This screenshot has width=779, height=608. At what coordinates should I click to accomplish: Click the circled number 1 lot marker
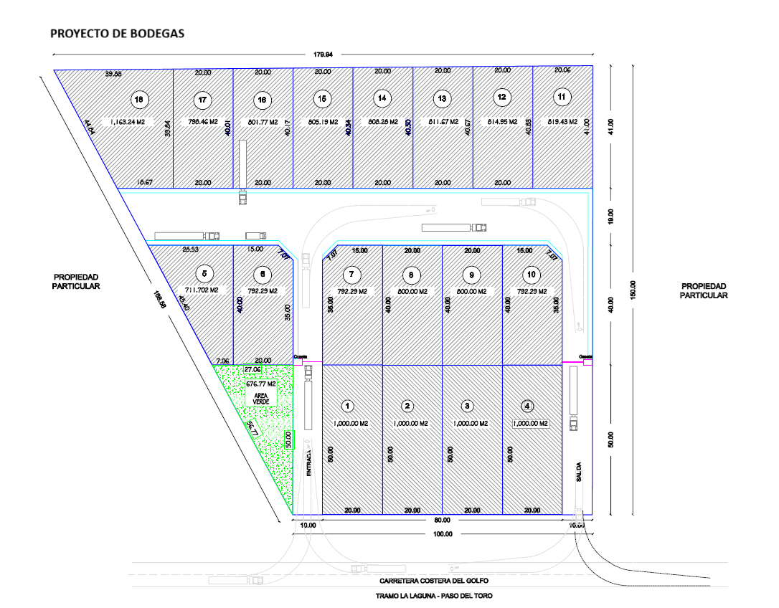(348, 407)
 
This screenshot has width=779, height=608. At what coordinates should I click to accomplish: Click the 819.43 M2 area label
(562, 122)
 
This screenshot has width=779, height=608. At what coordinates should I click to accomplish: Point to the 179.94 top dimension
(324, 54)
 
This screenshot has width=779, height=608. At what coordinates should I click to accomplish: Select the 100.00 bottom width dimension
(443, 534)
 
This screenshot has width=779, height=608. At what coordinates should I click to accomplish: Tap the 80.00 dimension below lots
(443, 520)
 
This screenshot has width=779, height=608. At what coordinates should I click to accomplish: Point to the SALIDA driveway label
(577, 475)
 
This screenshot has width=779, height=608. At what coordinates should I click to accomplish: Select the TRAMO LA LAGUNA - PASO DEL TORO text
(434, 596)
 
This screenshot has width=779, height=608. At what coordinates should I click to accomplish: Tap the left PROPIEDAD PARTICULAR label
(75, 281)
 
